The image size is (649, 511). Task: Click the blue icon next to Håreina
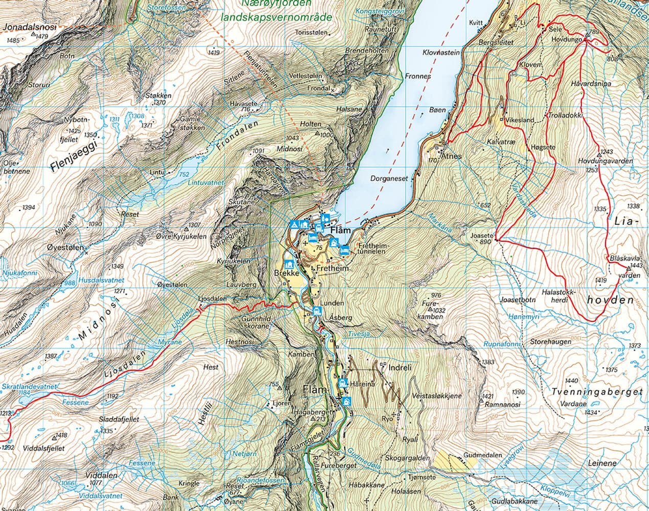[x=342, y=383]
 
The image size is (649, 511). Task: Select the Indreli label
[x=400, y=368]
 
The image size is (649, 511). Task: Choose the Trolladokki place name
[x=565, y=115]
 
